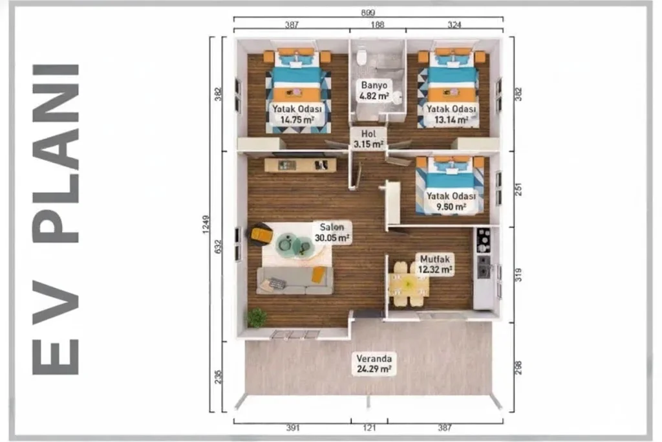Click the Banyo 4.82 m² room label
[x=374, y=91]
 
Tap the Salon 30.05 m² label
[x=332, y=232]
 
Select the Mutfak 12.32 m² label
[x=435, y=264]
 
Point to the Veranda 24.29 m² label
[x=374, y=364]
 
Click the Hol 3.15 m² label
[x=368, y=139]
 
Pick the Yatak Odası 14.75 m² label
[x=297, y=114]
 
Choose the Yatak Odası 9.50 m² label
[x=451, y=201]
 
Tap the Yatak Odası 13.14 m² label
[x=451, y=114]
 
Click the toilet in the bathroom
[x=361, y=56]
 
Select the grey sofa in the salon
[x=295, y=280]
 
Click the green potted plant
[x=257, y=317]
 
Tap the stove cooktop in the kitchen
[x=484, y=240]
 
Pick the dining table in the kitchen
[x=409, y=284]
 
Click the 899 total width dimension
[x=368, y=13]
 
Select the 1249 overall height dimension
[x=206, y=225]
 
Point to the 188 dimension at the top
[x=377, y=25]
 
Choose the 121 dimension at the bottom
[x=369, y=428]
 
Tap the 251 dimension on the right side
[x=519, y=189]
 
